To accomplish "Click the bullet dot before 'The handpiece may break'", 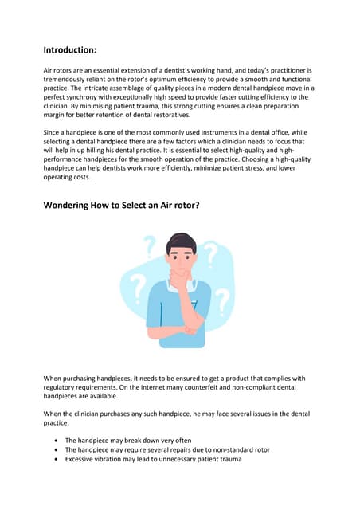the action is [54, 440].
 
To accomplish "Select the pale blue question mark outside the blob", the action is [149, 245].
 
